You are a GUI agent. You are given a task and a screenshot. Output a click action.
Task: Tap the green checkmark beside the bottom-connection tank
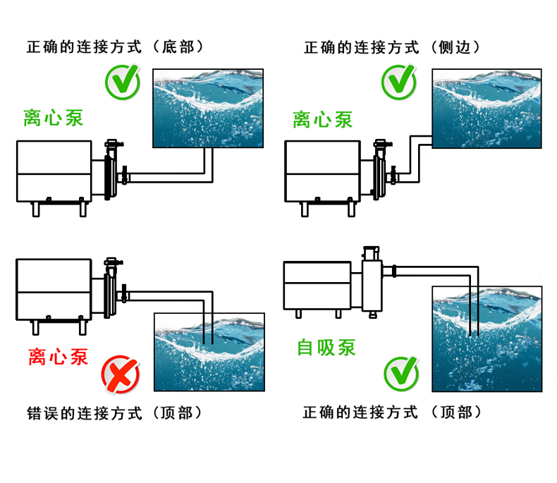click(123, 82)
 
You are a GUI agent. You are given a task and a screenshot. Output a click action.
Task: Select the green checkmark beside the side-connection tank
click(399, 81)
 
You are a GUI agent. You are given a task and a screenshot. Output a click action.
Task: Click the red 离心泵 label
click(59, 357)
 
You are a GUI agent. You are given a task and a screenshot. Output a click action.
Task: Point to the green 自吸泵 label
click(326, 347)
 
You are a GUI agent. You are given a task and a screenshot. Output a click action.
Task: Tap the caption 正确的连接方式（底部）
click(114, 47)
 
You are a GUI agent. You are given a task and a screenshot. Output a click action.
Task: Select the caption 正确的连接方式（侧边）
click(392, 47)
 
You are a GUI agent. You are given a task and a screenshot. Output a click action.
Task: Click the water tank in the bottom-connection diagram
click(209, 109)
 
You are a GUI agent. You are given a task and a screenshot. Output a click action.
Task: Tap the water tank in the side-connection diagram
click(487, 109)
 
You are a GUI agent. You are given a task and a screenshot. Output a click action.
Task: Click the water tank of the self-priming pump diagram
click(487, 338)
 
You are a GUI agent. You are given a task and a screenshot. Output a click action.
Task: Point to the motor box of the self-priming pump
click(317, 285)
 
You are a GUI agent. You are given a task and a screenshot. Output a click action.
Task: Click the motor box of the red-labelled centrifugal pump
click(54, 289)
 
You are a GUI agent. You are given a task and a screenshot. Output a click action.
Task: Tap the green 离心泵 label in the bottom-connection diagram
click(53, 117)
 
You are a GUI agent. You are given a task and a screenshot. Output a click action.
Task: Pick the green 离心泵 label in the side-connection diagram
click(323, 119)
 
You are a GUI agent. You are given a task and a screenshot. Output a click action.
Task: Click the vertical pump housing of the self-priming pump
click(371, 282)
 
